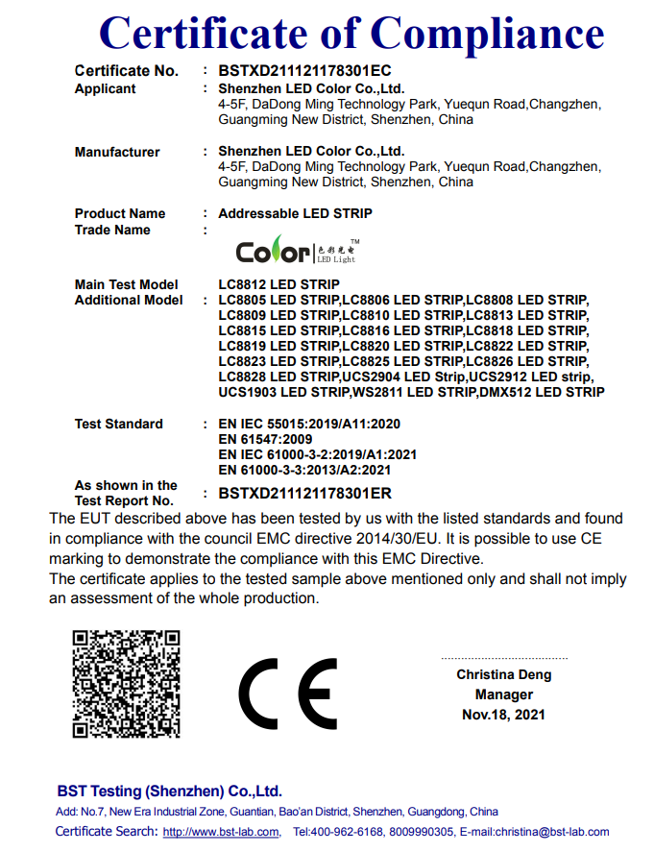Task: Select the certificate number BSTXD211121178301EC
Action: (304, 71)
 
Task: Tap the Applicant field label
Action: (106, 88)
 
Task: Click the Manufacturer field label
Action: (117, 152)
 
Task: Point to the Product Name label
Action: (120, 213)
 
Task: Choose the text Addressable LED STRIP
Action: (295, 213)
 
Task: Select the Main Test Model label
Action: (127, 284)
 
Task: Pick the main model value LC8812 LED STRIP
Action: (279, 284)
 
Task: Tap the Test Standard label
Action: (119, 424)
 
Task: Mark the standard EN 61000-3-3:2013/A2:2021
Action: (304, 470)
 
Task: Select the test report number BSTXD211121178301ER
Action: (304, 494)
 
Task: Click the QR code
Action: (128, 682)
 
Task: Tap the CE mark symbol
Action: (287, 694)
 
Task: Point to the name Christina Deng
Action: (504, 675)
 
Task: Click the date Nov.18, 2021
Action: (504, 715)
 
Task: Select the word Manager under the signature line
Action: (504, 694)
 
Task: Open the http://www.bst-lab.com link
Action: (221, 832)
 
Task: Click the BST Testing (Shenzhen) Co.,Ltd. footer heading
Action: (170, 791)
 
